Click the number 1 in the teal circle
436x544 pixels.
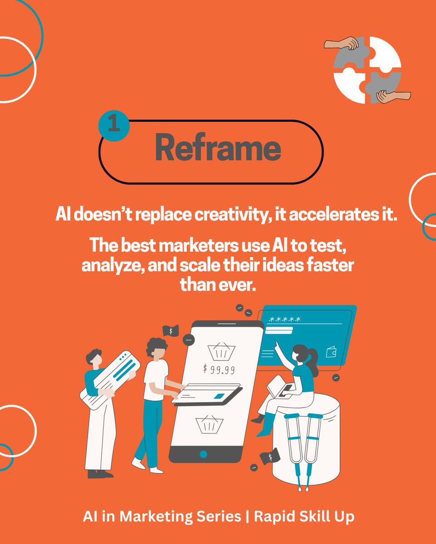pyautogui.click(x=114, y=125)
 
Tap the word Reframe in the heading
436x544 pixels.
pyautogui.click(x=218, y=148)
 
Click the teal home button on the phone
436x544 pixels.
pyautogui.click(x=203, y=454)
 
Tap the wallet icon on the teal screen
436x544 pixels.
pyautogui.click(x=331, y=352)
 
